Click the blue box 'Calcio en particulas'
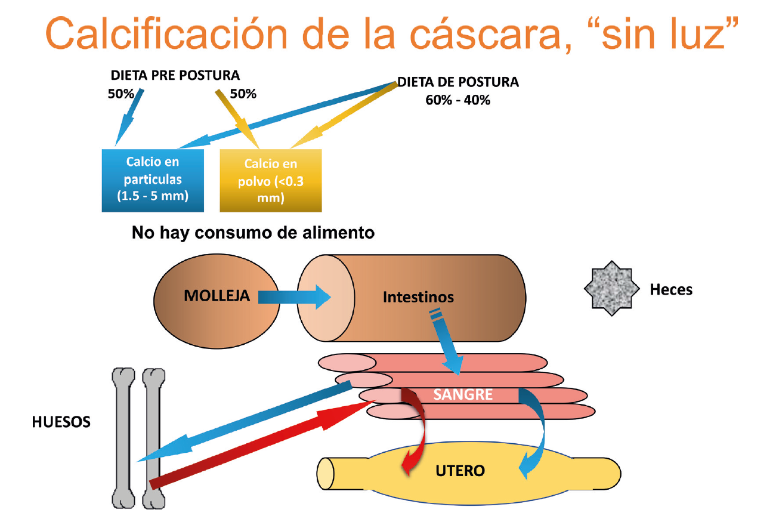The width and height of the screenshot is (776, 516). click(153, 180)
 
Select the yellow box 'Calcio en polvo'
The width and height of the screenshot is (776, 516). click(270, 180)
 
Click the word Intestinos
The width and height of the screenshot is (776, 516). click(418, 296)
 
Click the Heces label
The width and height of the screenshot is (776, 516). click(671, 290)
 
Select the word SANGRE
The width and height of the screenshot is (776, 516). click(463, 394)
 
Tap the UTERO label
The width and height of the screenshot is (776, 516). click(460, 471)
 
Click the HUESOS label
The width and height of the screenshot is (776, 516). click(61, 422)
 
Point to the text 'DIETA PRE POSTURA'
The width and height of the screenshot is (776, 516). click(175, 76)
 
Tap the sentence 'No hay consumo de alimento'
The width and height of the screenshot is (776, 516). click(253, 232)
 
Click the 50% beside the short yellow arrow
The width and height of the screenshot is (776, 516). click(243, 94)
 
